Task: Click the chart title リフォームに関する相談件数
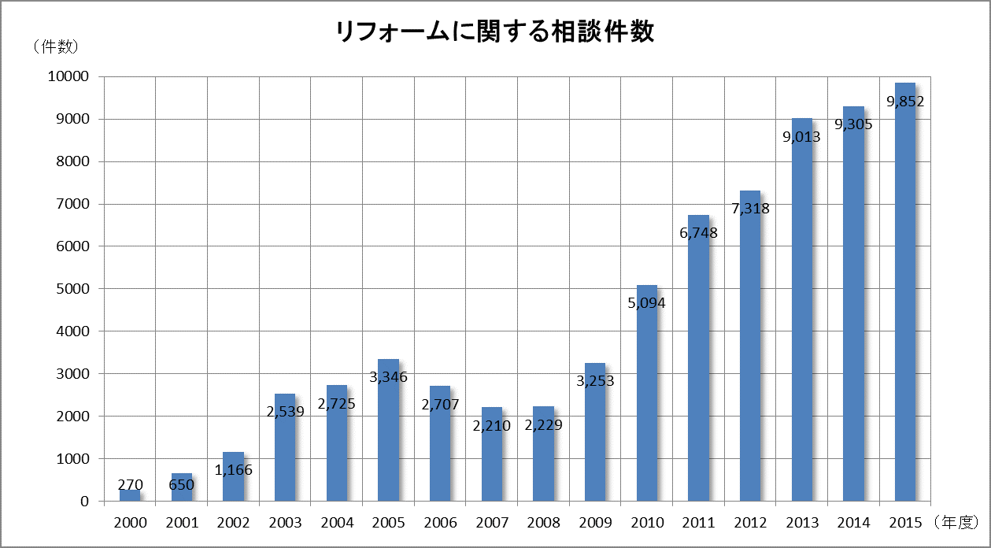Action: pos(494,32)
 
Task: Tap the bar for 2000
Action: pos(129,496)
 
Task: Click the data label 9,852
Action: pos(905,101)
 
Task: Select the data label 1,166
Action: pos(233,470)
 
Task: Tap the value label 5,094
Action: pos(646,302)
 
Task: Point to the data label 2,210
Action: pos(492,426)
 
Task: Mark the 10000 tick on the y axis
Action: pos(69,76)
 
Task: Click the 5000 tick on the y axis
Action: pos(73,289)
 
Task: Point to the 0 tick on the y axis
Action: pos(84,502)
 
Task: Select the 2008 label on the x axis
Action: pos(543,523)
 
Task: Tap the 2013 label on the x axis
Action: pos(802,523)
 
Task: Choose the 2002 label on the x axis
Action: pos(233,523)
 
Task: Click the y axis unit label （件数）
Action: pos(56,47)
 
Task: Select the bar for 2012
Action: pos(750,354)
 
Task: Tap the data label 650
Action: pos(181,486)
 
